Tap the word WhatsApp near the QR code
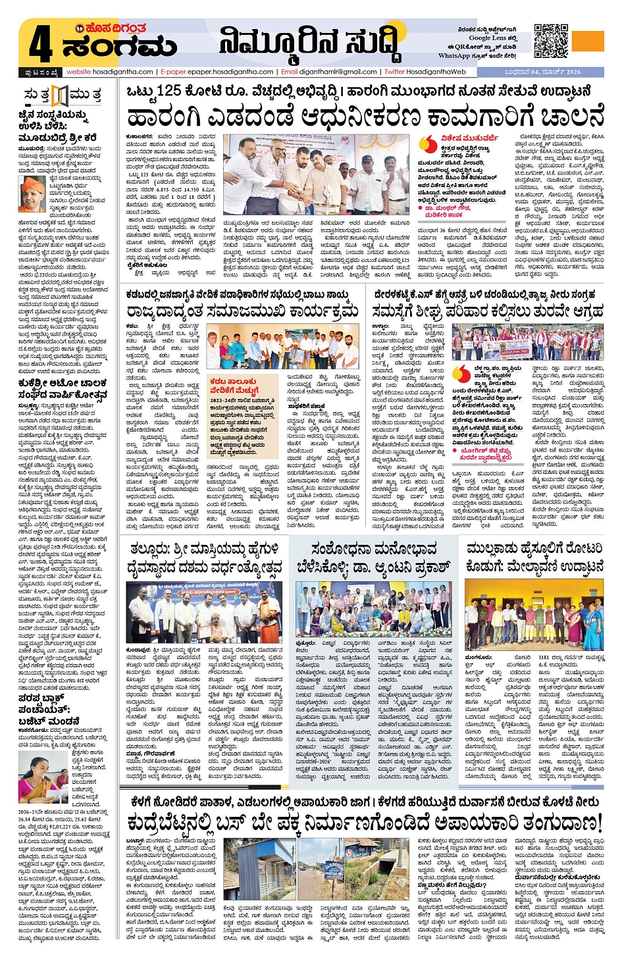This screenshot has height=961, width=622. tap(455, 56)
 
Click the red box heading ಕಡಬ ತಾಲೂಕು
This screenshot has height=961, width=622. tap(233, 382)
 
